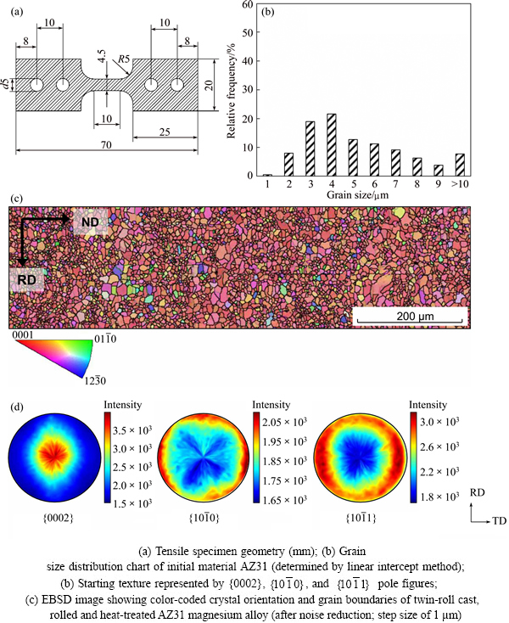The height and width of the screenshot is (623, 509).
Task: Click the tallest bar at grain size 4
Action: (332, 144)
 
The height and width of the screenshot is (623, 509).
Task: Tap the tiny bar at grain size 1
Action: (267, 174)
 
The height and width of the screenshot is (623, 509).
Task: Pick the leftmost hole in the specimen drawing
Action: (36, 86)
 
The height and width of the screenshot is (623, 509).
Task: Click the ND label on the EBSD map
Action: (90, 222)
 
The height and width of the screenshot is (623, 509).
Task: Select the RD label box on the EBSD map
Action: (25, 278)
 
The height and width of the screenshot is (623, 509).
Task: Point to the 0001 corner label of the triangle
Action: (24, 336)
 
